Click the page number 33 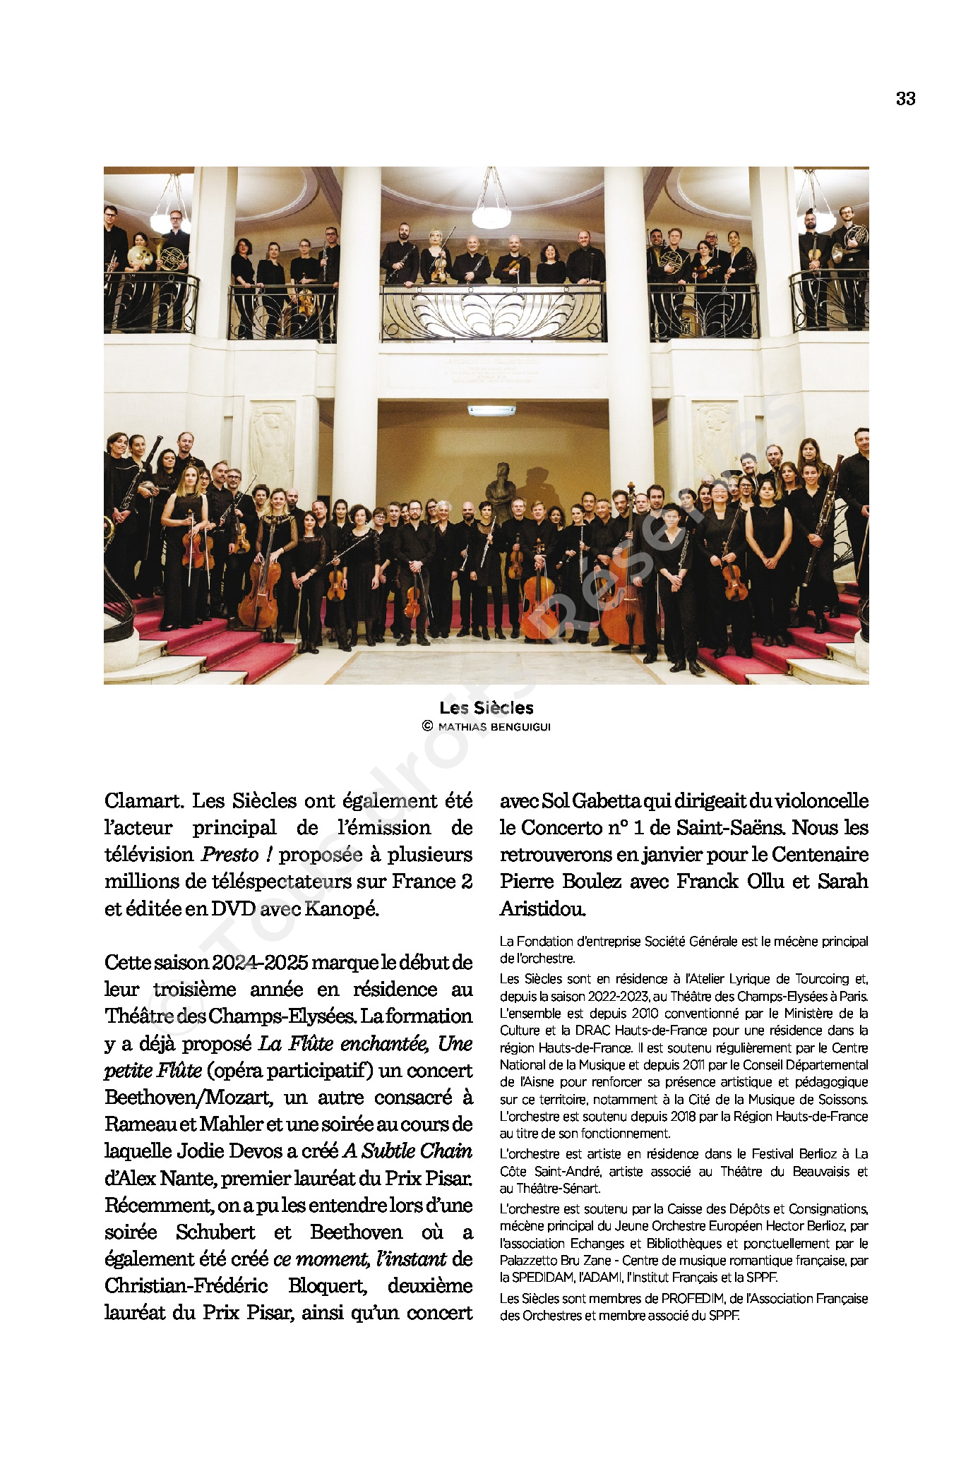(x=905, y=100)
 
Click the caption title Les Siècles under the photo (x=486, y=708)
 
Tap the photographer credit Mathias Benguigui (x=493, y=726)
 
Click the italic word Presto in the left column (x=230, y=855)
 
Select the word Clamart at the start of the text (x=144, y=801)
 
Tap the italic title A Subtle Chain (x=407, y=1151)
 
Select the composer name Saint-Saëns (x=732, y=828)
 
